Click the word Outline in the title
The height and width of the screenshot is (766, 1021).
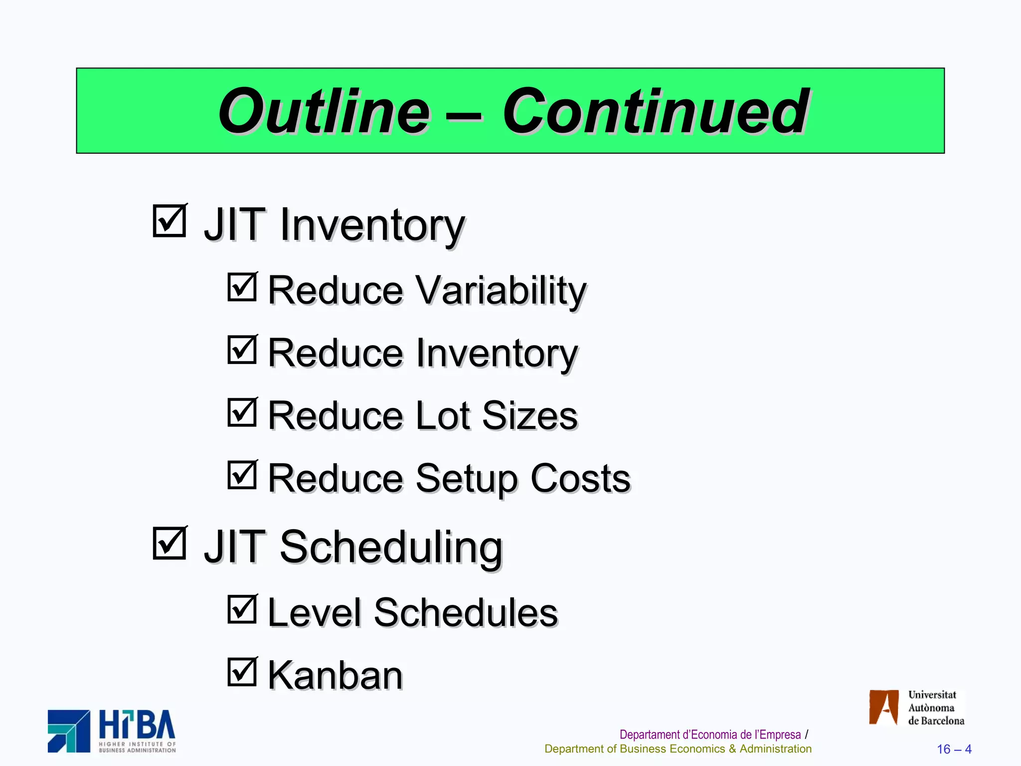tap(324, 112)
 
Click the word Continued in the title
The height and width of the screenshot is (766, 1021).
tap(655, 112)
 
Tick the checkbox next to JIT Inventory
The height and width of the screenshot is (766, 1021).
tap(169, 221)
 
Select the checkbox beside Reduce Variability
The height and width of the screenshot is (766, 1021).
tap(242, 287)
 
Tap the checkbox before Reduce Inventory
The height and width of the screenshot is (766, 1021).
tap(242, 350)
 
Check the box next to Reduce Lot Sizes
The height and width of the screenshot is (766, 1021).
tap(242, 412)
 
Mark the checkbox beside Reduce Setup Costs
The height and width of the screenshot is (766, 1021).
tap(242, 475)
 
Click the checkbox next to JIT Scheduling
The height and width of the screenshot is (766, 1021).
tap(169, 543)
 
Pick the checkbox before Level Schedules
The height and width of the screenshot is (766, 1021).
tap(242, 609)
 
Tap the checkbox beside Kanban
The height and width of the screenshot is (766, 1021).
tap(242, 672)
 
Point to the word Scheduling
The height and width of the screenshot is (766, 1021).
tap(391, 548)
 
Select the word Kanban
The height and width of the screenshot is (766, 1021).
tap(335, 676)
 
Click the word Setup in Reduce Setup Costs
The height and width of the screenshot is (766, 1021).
tap(467, 479)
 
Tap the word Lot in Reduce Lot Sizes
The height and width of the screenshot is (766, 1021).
tap(443, 416)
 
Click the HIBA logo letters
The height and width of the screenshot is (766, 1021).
tap(137, 725)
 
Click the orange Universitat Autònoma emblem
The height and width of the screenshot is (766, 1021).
tap(883, 707)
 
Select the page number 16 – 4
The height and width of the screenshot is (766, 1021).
tap(954, 749)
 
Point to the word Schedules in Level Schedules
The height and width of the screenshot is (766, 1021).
tap(466, 613)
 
